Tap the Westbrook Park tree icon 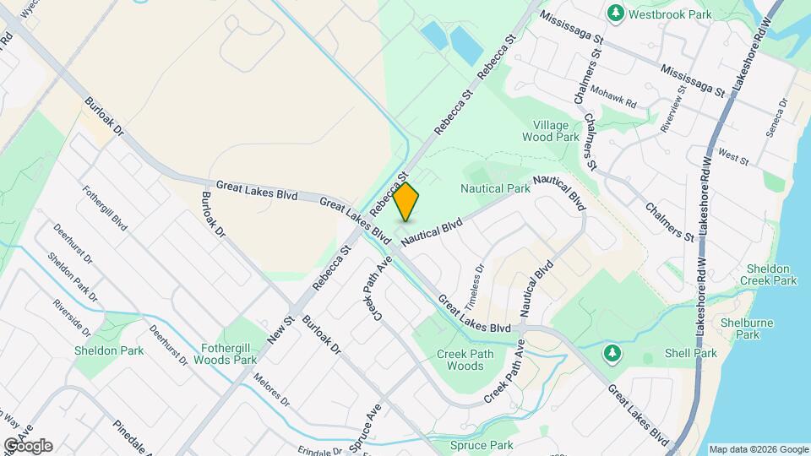[616, 14]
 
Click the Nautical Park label [495, 187]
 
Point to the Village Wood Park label [550, 131]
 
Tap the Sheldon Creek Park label [768, 274]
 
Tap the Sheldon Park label [108, 350]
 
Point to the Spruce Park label [482, 445]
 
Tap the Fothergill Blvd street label [105, 209]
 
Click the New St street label [280, 328]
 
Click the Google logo [27, 446]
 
